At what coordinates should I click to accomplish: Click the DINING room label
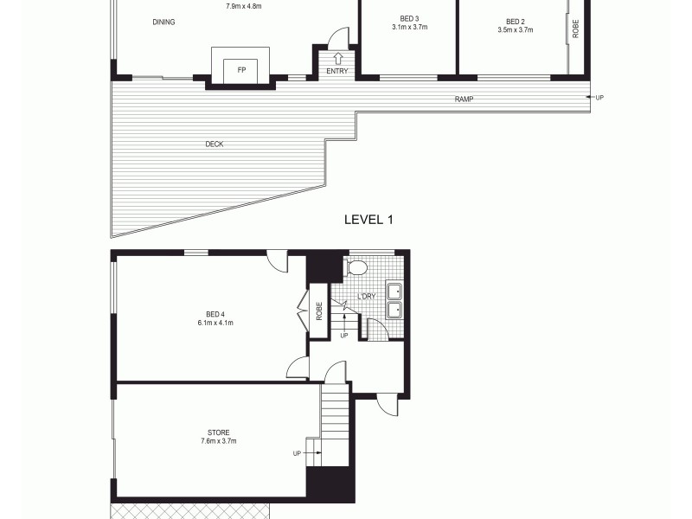point(163,22)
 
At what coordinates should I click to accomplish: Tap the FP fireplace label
point(229,70)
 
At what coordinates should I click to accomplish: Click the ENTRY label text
point(337,71)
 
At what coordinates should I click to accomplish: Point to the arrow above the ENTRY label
point(337,58)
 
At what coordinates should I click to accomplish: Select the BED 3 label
point(410,19)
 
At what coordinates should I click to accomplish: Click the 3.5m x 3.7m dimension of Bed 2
point(515,29)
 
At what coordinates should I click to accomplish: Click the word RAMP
point(465,99)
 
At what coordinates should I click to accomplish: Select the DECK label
point(215,144)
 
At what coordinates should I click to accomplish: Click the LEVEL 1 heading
point(368,220)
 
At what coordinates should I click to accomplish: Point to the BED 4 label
point(215,314)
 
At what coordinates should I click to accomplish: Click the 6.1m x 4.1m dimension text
point(215,324)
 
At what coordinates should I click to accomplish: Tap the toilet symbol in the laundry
point(356,268)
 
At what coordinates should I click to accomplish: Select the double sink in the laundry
point(394,300)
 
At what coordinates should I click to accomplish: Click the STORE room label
point(219,432)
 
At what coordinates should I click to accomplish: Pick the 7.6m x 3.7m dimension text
point(219,441)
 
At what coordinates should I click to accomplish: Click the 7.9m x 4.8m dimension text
point(244,7)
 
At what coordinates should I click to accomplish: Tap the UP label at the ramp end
point(599,97)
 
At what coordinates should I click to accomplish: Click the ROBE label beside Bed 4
point(318,310)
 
